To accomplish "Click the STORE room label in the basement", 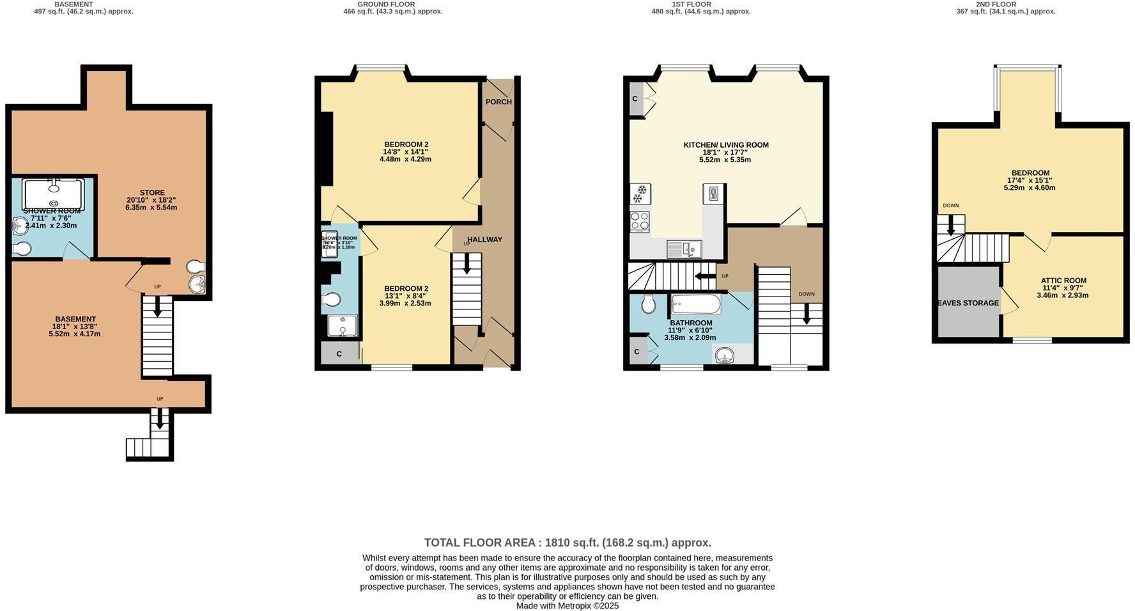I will pos(152,192).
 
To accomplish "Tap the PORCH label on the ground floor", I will pos(498,102).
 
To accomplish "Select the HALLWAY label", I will pos(484,240).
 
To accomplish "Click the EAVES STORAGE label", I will pos(968,303).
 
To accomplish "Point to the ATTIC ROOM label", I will pos(1063,281).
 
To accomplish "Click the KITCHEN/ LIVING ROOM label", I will pos(726,145).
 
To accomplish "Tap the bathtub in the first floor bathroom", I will pos(696,304).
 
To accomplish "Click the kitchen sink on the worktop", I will pos(683,249).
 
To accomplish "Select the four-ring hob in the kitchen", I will pos(640,222).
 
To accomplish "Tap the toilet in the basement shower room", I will pos(21,249).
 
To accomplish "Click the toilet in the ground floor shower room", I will pos(332,300).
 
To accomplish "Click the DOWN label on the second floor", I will pos(950,206).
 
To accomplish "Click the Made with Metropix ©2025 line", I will pos(567,606).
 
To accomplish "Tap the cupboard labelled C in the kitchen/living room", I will pos(635,99).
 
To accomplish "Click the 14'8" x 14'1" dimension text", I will pos(405,151).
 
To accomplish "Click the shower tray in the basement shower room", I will pos(53,194).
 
